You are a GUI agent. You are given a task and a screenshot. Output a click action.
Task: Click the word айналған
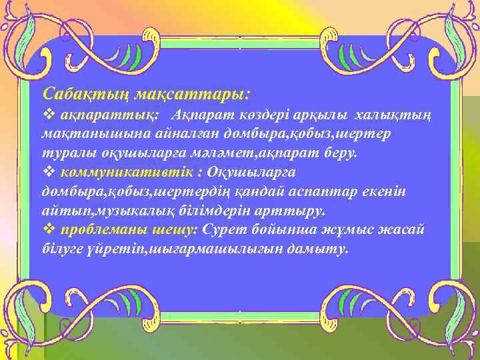(170, 134)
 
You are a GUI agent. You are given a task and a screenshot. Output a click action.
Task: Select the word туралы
(61, 153)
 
